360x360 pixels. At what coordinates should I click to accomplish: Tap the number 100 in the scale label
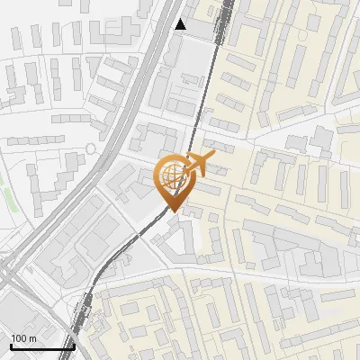pyautogui.click(x=20, y=337)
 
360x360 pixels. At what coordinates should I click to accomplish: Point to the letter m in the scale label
pyautogui.click(x=32, y=338)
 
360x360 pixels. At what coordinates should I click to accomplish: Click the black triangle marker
pyautogui.click(x=181, y=24)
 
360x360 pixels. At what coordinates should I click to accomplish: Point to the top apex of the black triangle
pyautogui.click(x=181, y=19)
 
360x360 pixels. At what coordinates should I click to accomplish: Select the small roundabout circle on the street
pyautogui.click(x=91, y=148)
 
